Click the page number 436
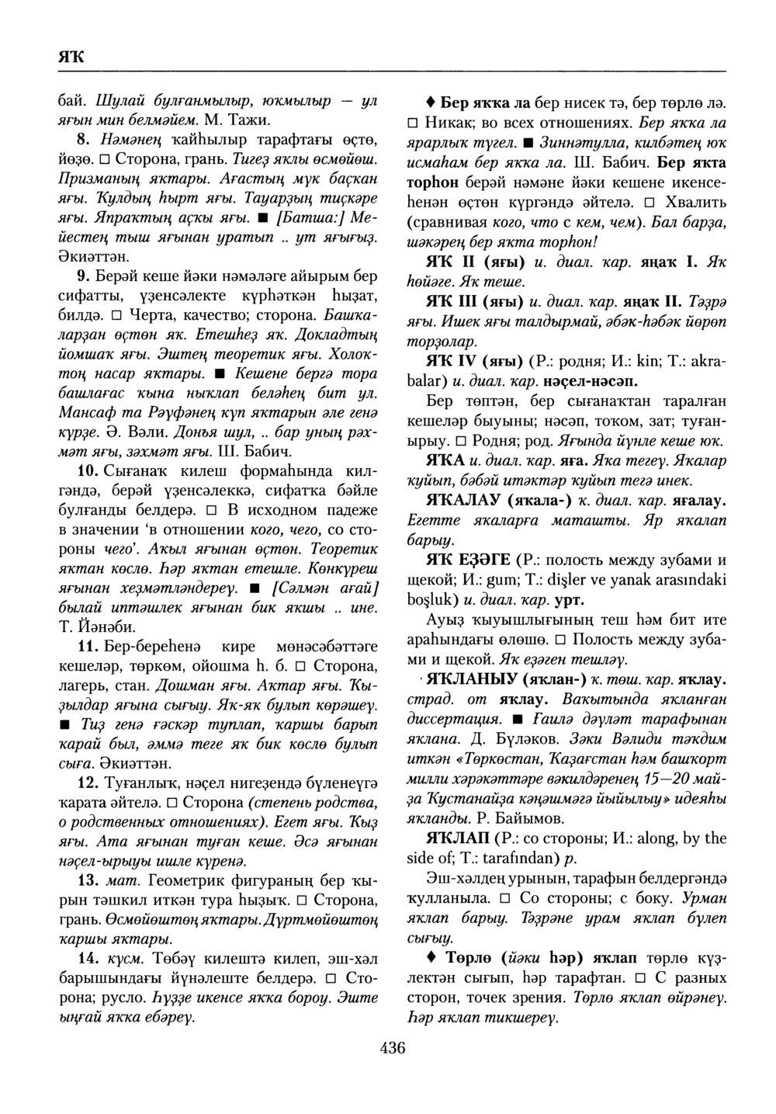click(x=393, y=1049)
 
